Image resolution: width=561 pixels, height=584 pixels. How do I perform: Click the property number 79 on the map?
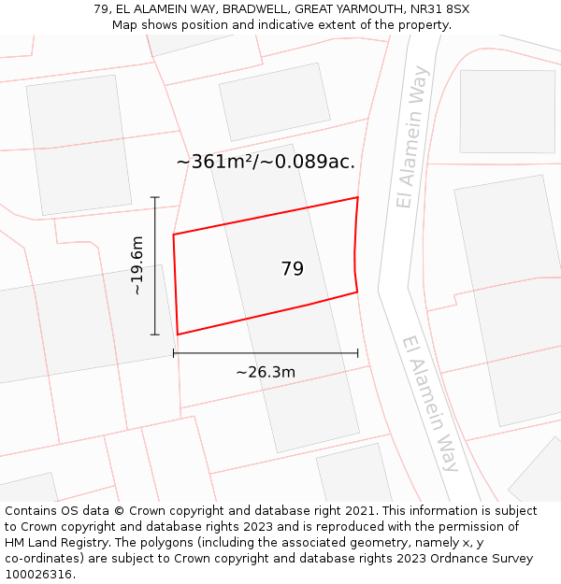pyautogui.click(x=292, y=269)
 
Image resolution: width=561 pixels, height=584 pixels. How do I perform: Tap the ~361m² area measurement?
pyautogui.click(x=214, y=162)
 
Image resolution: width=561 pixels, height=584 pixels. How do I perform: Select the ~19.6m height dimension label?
pyautogui.click(x=137, y=265)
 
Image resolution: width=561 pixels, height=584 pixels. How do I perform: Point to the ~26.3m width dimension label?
pyautogui.click(x=266, y=372)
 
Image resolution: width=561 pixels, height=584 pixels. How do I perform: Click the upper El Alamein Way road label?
pyautogui.click(x=411, y=136)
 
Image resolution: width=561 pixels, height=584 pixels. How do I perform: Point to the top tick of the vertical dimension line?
pyautogui.click(x=155, y=197)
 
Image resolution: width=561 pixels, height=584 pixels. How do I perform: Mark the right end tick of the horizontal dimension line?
pyautogui.click(x=357, y=353)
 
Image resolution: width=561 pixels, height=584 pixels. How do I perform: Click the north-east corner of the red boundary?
pyautogui.click(x=357, y=197)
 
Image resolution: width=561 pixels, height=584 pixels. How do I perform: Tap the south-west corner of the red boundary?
pyautogui.click(x=178, y=335)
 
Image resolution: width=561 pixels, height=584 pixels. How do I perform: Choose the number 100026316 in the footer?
pyautogui.click(x=38, y=574)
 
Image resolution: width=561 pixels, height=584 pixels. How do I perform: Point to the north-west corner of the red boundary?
pyautogui.click(x=174, y=235)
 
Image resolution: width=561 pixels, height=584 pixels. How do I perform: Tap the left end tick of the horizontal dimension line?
pyautogui.click(x=174, y=353)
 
